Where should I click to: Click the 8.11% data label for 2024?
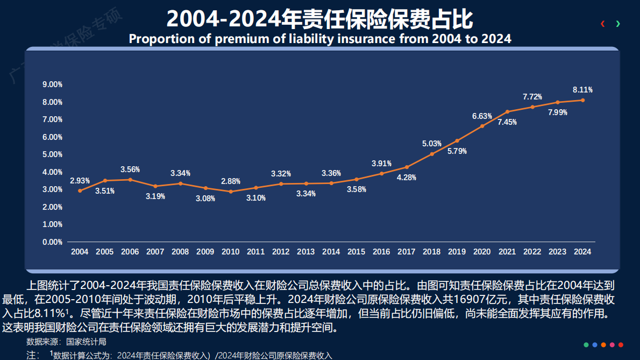coord(582,90)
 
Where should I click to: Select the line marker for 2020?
coord(482,126)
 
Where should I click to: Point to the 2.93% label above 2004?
coord(80,181)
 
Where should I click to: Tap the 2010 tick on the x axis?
coord(231,252)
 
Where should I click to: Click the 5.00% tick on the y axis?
coord(53,154)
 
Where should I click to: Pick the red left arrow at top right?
coord(603,24)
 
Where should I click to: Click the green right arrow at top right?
coord(618,24)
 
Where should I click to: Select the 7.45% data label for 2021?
coord(507,122)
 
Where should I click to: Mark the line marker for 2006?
coord(130,180)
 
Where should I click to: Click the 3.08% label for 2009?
coord(205,198)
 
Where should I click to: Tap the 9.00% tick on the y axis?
coord(53,84)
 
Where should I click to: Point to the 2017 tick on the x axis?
coord(407,252)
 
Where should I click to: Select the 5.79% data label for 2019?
coord(457,151)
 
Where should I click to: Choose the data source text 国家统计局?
coord(86,342)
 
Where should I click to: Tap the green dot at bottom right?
coord(586,344)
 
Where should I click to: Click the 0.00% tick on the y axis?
coord(53,242)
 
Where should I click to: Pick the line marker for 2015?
coord(357,179)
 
